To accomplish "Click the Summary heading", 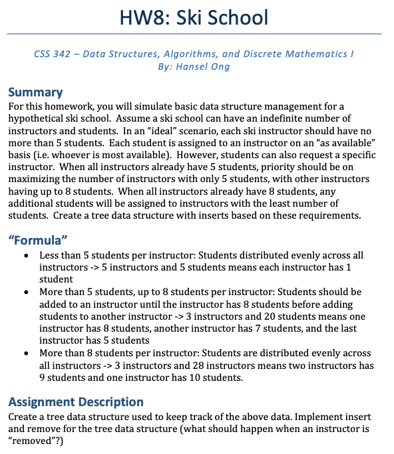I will tap(35, 92).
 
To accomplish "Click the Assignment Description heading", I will tap(75, 401).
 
